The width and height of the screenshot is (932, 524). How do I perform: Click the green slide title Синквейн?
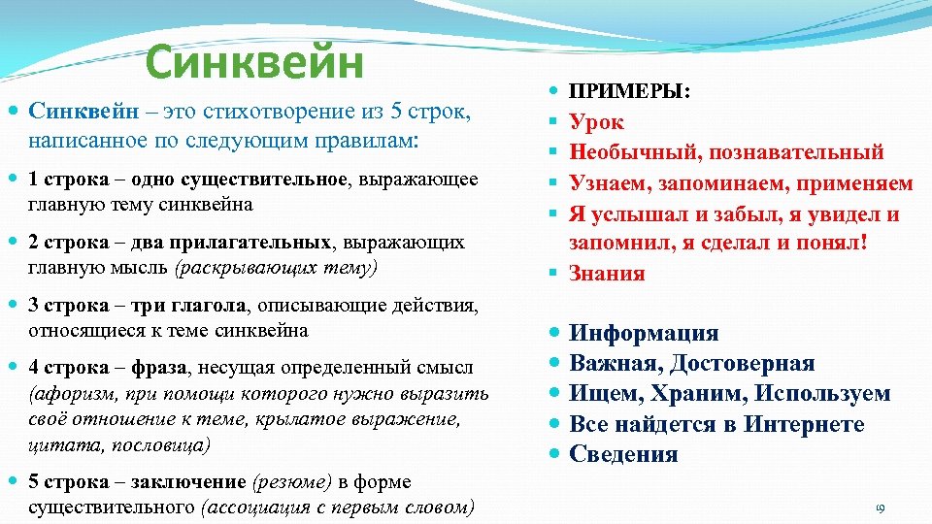click(253, 64)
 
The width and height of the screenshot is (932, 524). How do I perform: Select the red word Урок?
click(596, 122)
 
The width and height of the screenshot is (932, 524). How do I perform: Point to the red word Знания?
click(607, 273)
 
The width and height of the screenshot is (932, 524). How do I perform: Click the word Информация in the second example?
click(644, 334)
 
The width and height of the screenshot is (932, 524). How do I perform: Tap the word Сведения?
click(623, 454)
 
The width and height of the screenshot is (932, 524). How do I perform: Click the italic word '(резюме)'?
click(289, 482)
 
